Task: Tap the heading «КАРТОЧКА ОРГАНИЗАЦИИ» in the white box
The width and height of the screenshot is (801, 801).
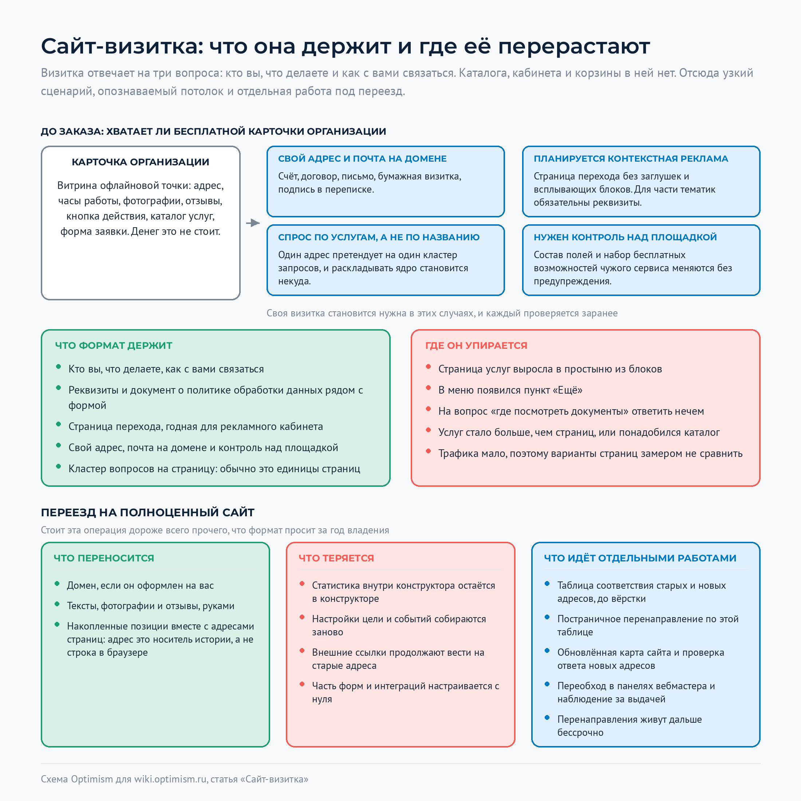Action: (141, 162)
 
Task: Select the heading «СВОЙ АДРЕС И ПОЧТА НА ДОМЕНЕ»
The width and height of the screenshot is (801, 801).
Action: (362, 159)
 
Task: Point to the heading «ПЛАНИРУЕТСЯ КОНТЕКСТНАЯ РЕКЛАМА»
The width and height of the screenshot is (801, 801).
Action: (631, 159)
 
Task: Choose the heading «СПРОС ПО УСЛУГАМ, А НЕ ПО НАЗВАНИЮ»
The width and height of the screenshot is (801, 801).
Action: (379, 237)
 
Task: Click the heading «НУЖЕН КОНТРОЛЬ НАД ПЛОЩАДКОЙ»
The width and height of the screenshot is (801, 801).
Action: (625, 237)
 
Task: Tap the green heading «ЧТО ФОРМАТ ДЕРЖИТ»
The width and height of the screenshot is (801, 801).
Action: (114, 346)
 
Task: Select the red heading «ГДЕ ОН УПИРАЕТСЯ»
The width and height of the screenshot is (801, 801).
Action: (476, 346)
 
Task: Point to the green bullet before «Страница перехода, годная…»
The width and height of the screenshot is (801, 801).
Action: (59, 424)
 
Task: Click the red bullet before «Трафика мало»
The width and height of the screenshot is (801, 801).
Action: (428, 451)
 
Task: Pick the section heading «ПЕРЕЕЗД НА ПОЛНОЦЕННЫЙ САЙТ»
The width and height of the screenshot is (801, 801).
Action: (147, 512)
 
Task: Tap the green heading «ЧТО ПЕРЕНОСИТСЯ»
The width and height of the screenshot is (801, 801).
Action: (104, 559)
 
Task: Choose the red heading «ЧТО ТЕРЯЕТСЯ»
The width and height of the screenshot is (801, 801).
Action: (336, 559)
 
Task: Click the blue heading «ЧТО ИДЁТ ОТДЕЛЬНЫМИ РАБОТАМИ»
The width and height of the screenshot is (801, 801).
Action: (640, 559)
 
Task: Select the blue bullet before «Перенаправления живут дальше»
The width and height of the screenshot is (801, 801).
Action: (547, 717)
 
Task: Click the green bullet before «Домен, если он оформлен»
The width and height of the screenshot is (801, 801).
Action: (57, 583)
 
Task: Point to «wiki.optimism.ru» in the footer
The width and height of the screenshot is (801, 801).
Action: (170, 780)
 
